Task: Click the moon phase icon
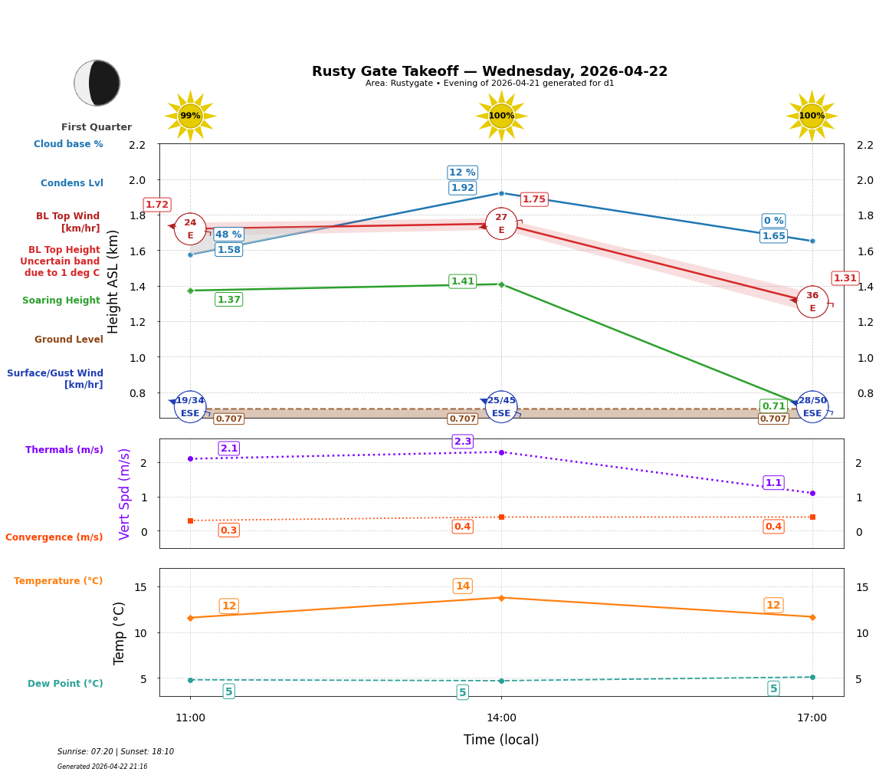click(97, 83)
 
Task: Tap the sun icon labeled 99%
click(190, 116)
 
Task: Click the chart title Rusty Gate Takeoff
click(489, 71)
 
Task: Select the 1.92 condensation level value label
click(462, 188)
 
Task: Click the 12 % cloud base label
click(462, 172)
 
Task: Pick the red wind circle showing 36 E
click(812, 301)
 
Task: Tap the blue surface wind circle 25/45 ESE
click(501, 407)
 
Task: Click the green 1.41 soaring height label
click(462, 281)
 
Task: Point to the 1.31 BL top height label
click(845, 278)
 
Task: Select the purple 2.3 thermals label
click(462, 442)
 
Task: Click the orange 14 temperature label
click(462, 586)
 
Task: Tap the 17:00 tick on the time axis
click(812, 718)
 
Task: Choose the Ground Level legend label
click(68, 340)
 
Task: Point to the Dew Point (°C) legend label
click(65, 684)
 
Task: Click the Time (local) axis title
click(501, 740)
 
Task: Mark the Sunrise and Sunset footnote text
click(116, 752)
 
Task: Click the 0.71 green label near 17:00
click(773, 406)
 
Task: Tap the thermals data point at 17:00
click(812, 493)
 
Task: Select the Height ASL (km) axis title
click(113, 281)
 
